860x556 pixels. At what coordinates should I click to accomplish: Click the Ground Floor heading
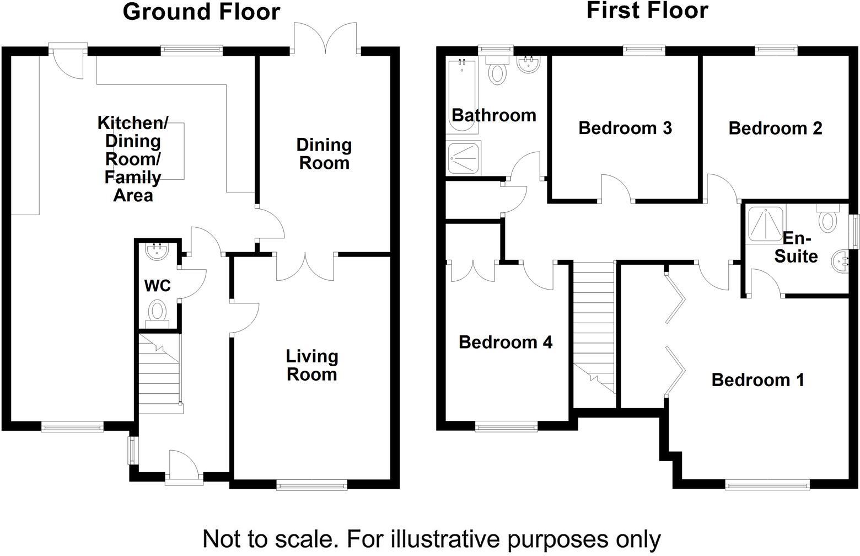coord(201,11)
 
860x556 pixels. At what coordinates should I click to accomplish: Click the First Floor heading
coord(647,10)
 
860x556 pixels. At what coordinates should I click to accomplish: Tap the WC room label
coord(157,286)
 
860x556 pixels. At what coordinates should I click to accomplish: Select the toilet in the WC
coord(158,311)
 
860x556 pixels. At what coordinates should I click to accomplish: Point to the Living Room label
coord(311,365)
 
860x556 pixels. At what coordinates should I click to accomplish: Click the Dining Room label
coord(324,154)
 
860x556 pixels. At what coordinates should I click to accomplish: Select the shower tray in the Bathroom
coord(463,158)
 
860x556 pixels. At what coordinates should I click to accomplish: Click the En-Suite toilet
coord(827,219)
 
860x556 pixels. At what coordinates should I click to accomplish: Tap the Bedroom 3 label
coord(625,128)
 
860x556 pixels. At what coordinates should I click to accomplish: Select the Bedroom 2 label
coord(775,128)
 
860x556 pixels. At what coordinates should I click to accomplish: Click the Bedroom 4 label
coord(505,342)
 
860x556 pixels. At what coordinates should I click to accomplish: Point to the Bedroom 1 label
coord(757,379)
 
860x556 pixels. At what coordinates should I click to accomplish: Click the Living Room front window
coord(312,485)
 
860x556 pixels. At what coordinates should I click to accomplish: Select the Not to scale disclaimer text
coord(431,538)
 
